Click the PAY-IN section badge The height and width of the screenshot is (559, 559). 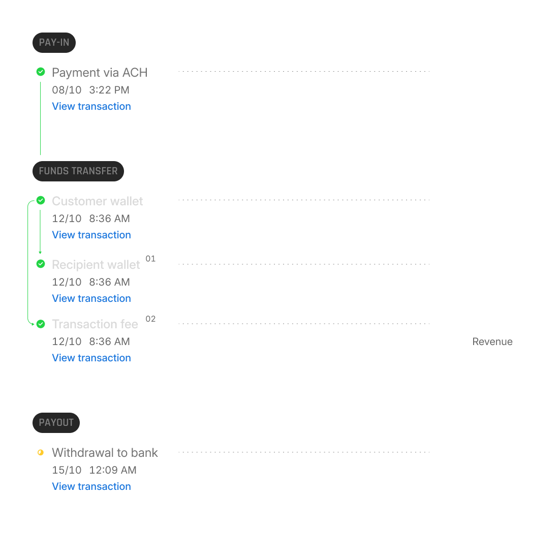click(54, 43)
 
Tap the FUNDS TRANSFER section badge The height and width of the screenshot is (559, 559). click(78, 171)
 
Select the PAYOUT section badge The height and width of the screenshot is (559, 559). click(56, 423)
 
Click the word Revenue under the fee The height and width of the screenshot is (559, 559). click(492, 342)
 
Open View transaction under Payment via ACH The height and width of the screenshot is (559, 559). click(91, 106)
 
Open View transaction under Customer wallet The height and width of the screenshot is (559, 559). click(91, 235)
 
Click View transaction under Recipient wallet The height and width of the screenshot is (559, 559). click(91, 298)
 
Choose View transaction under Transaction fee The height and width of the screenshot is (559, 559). click(91, 358)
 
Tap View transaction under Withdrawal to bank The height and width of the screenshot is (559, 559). click(91, 486)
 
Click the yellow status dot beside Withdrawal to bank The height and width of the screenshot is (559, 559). click(41, 452)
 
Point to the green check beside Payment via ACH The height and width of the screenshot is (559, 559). click(41, 72)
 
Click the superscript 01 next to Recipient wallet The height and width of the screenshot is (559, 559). click(150, 259)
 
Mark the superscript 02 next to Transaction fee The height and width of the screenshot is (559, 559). click(150, 319)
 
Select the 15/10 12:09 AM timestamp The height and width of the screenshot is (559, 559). click(94, 470)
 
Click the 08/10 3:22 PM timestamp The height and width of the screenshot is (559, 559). click(90, 90)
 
